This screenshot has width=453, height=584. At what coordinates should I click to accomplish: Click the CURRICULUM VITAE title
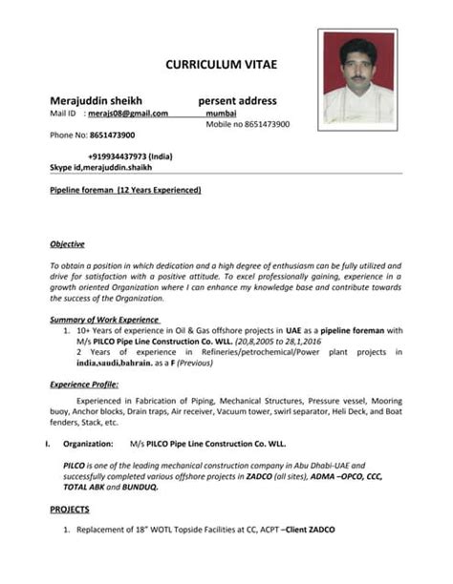click(221, 64)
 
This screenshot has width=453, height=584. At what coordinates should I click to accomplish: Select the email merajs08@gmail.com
click(127, 113)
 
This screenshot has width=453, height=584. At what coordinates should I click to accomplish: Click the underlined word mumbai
click(221, 113)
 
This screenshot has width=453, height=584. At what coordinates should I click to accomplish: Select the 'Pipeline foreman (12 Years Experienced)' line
click(125, 190)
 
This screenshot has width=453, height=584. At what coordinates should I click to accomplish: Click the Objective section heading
click(67, 243)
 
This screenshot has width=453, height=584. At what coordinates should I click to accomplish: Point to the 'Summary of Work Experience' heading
click(105, 319)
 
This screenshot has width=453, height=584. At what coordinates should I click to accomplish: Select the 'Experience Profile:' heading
click(84, 384)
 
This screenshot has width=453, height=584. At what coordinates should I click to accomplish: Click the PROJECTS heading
click(70, 509)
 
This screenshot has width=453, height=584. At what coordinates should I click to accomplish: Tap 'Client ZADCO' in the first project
click(312, 530)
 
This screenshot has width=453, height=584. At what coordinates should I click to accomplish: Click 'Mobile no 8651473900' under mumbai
click(248, 124)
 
